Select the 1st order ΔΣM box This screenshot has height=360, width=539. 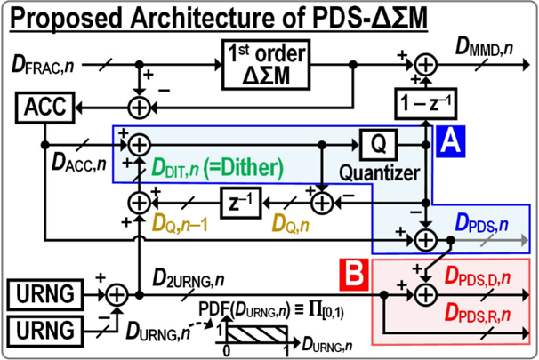click(264, 65)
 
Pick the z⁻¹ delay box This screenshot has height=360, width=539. click(241, 204)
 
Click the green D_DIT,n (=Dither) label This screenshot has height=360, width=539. click(220, 166)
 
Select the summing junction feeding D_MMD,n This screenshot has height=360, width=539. click(428, 65)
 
